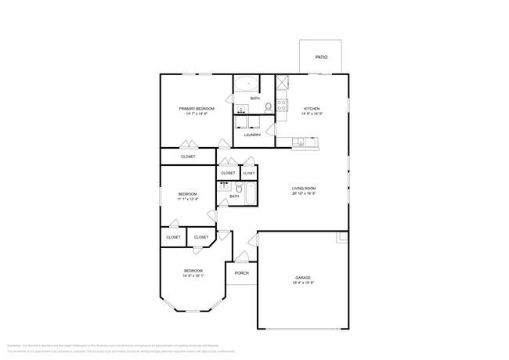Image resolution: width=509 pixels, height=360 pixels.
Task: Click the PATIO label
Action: coord(321,57)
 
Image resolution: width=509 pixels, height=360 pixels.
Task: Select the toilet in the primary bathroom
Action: coord(267,108)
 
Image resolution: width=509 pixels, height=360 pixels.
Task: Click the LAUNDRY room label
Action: coord(252,135)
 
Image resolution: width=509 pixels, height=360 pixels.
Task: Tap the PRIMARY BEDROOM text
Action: coord(197,108)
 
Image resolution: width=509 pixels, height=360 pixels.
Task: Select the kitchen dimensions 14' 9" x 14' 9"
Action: coord(312,113)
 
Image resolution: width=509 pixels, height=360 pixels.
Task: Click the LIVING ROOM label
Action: coord(304,188)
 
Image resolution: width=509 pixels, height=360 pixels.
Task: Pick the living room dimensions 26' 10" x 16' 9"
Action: coord(304,193)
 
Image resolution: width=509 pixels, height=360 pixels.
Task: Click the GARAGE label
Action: coord(303,277)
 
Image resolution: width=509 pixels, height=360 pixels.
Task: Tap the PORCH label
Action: coord(241,273)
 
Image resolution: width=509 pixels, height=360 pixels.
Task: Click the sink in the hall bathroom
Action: coord(226,186)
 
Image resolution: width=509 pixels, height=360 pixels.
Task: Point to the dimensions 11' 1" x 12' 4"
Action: coord(187,199)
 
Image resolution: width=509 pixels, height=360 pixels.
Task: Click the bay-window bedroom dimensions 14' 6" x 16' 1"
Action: coord(193,275)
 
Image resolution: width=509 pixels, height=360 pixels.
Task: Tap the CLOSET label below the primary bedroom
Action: coord(188,157)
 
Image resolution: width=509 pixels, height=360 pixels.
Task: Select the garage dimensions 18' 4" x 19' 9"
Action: coord(303,283)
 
